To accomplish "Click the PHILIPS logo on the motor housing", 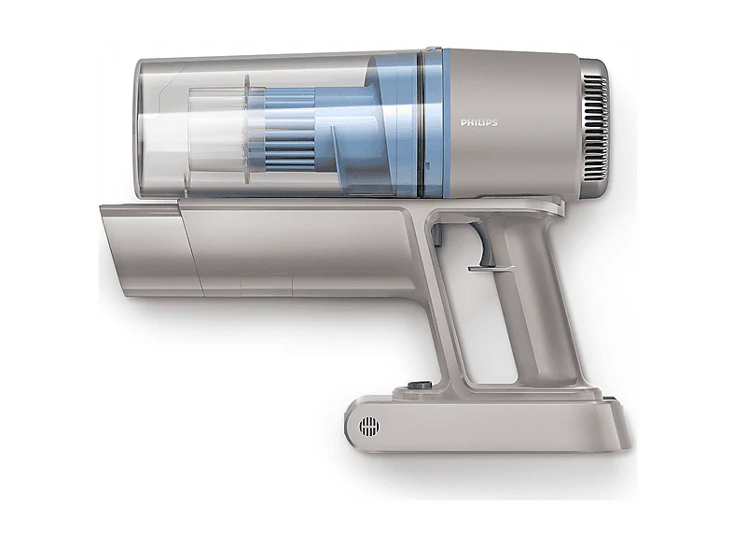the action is pos(478,122).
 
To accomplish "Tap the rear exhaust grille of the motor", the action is pos(595,128).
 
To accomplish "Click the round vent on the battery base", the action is pos(369,427).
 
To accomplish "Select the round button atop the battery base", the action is pos(419,386).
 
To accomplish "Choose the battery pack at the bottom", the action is pos(489,425).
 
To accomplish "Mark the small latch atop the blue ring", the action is pos(434,48).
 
